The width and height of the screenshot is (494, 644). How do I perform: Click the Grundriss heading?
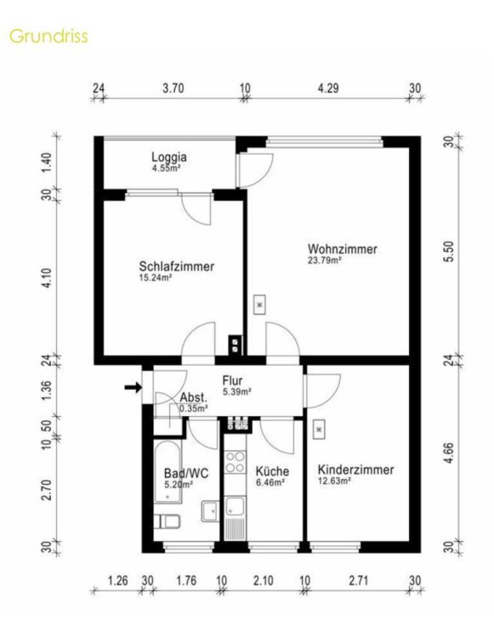click(48, 37)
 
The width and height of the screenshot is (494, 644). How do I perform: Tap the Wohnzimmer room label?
click(343, 249)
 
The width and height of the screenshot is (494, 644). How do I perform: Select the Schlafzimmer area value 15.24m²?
click(156, 277)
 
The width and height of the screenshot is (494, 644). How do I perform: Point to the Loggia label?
click(169, 157)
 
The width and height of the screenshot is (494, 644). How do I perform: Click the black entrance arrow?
click(133, 386)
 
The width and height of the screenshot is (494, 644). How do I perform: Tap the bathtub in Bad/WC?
click(168, 472)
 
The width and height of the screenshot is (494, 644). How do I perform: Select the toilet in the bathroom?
click(168, 522)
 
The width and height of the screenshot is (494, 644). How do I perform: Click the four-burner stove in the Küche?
click(236, 462)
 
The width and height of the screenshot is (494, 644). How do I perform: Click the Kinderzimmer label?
click(355, 470)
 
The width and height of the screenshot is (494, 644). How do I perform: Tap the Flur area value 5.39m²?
click(237, 392)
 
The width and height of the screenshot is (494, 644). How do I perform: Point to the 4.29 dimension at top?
click(328, 88)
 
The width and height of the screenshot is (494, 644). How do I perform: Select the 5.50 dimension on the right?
click(450, 251)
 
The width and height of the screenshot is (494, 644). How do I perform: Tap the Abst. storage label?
click(193, 397)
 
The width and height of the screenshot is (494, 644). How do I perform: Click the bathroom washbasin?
click(210, 511)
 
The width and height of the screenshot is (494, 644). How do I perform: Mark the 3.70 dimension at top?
click(173, 88)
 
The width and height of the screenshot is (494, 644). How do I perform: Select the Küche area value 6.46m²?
click(270, 483)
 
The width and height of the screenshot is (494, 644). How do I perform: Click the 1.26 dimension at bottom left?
click(118, 581)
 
